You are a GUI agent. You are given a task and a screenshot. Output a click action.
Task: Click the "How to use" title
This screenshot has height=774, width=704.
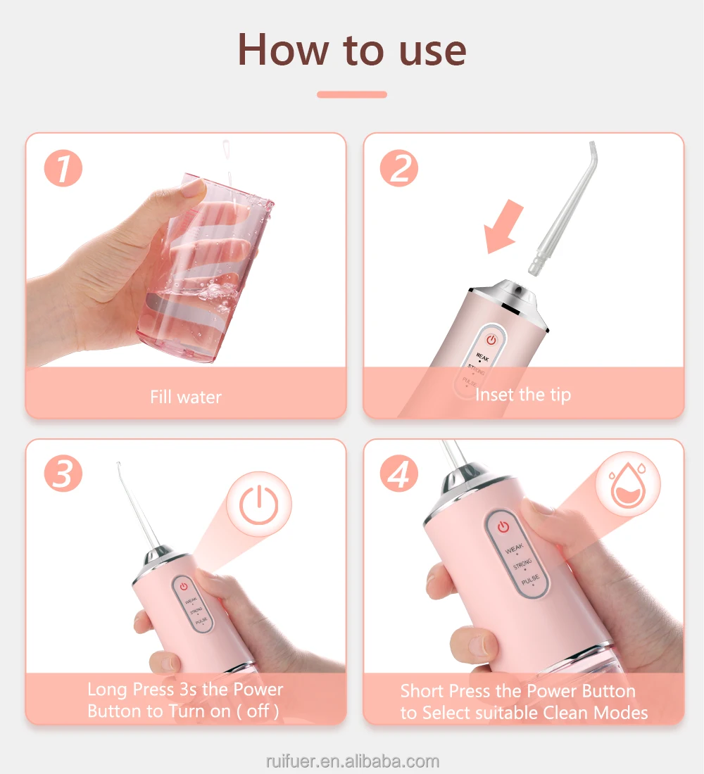(x=352, y=49)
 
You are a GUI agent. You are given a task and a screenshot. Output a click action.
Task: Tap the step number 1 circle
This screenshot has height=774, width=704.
(x=63, y=168)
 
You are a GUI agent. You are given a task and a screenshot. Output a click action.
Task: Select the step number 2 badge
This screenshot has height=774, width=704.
(x=399, y=168)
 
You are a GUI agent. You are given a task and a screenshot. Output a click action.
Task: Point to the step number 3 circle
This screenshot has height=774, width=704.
(x=63, y=474)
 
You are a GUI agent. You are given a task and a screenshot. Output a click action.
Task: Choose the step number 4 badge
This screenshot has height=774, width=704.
(x=399, y=474)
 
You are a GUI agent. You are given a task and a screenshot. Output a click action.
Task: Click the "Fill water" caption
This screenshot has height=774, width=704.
(x=186, y=397)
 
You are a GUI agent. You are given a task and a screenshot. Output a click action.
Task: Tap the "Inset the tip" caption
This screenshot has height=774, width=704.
(x=522, y=395)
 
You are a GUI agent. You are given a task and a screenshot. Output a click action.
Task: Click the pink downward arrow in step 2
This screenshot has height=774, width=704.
(x=503, y=226)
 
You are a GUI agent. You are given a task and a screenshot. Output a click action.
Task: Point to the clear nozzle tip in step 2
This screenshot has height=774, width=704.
(x=563, y=208)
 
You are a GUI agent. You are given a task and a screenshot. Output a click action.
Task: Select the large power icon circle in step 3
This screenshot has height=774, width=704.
(x=259, y=505)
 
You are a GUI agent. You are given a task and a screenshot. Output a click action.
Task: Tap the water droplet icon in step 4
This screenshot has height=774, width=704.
(x=627, y=484)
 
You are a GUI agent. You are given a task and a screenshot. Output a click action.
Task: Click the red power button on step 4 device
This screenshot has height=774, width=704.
(x=503, y=527)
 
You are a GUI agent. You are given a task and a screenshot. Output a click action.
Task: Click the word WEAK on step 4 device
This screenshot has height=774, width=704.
(x=514, y=548)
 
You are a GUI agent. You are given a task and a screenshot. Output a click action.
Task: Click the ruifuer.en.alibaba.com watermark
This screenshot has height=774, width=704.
(x=352, y=761)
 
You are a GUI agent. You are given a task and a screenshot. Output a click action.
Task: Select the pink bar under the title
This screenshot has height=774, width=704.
(x=352, y=94)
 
